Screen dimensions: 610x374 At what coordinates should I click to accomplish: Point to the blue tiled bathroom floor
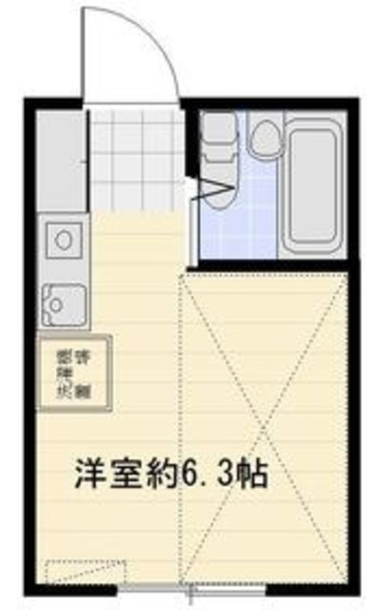pos(238,224)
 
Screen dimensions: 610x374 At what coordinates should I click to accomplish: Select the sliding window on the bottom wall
pos(190,591)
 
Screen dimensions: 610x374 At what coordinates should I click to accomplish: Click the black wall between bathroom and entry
pos(192,181)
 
